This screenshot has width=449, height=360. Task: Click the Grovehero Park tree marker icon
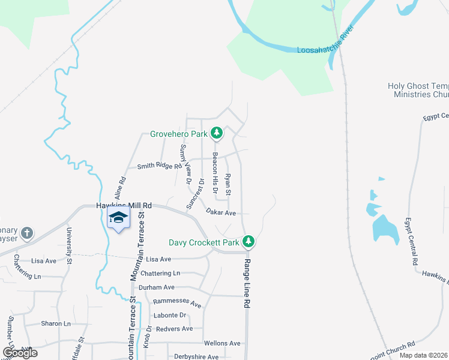[x=217, y=133]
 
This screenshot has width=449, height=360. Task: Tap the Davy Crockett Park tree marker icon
[x=249, y=242]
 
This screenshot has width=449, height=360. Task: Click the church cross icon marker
[x=26, y=232]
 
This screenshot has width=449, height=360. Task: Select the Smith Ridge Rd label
[x=159, y=166]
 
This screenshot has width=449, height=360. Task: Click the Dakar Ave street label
[x=220, y=212]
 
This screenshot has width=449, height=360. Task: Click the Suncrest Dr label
[x=195, y=193]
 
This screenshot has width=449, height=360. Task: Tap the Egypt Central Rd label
[x=411, y=242]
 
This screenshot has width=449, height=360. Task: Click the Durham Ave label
[x=156, y=287]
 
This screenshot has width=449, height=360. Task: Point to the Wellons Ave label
[x=222, y=343]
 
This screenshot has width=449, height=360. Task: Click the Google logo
[x=20, y=353]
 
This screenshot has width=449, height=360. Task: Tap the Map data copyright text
[x=424, y=355]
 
